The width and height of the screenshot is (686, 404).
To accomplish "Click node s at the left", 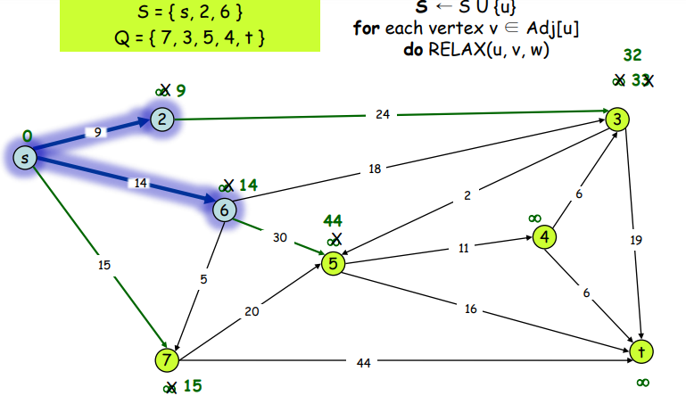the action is pyautogui.click(x=26, y=158).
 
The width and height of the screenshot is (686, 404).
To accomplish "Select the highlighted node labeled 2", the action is pyautogui.click(x=161, y=120).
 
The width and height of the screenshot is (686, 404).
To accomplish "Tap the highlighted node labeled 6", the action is pyautogui.click(x=225, y=209).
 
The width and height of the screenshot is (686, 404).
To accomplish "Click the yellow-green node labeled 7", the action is pyautogui.click(x=167, y=359).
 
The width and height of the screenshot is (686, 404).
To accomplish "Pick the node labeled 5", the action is pyautogui.click(x=333, y=264).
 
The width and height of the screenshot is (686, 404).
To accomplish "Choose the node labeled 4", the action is pyautogui.click(x=544, y=236).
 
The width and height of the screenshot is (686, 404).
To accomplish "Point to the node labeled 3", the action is pyautogui.click(x=616, y=119).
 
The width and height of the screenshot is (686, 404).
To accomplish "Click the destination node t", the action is pyautogui.click(x=641, y=351).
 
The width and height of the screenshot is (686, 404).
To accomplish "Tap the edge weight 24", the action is pyautogui.click(x=383, y=114).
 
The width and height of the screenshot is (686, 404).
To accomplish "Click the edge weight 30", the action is pyautogui.click(x=280, y=237).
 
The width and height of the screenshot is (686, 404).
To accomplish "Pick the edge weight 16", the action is pyautogui.click(x=470, y=309).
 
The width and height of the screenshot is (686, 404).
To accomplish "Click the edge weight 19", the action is pyautogui.click(x=635, y=240).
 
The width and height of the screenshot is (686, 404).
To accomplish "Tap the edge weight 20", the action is pyautogui.click(x=252, y=311).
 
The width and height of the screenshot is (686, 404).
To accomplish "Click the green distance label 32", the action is pyautogui.click(x=632, y=54).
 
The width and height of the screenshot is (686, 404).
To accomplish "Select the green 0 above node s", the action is pyautogui.click(x=28, y=136).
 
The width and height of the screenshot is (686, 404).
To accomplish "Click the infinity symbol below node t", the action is pyautogui.click(x=642, y=382).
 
